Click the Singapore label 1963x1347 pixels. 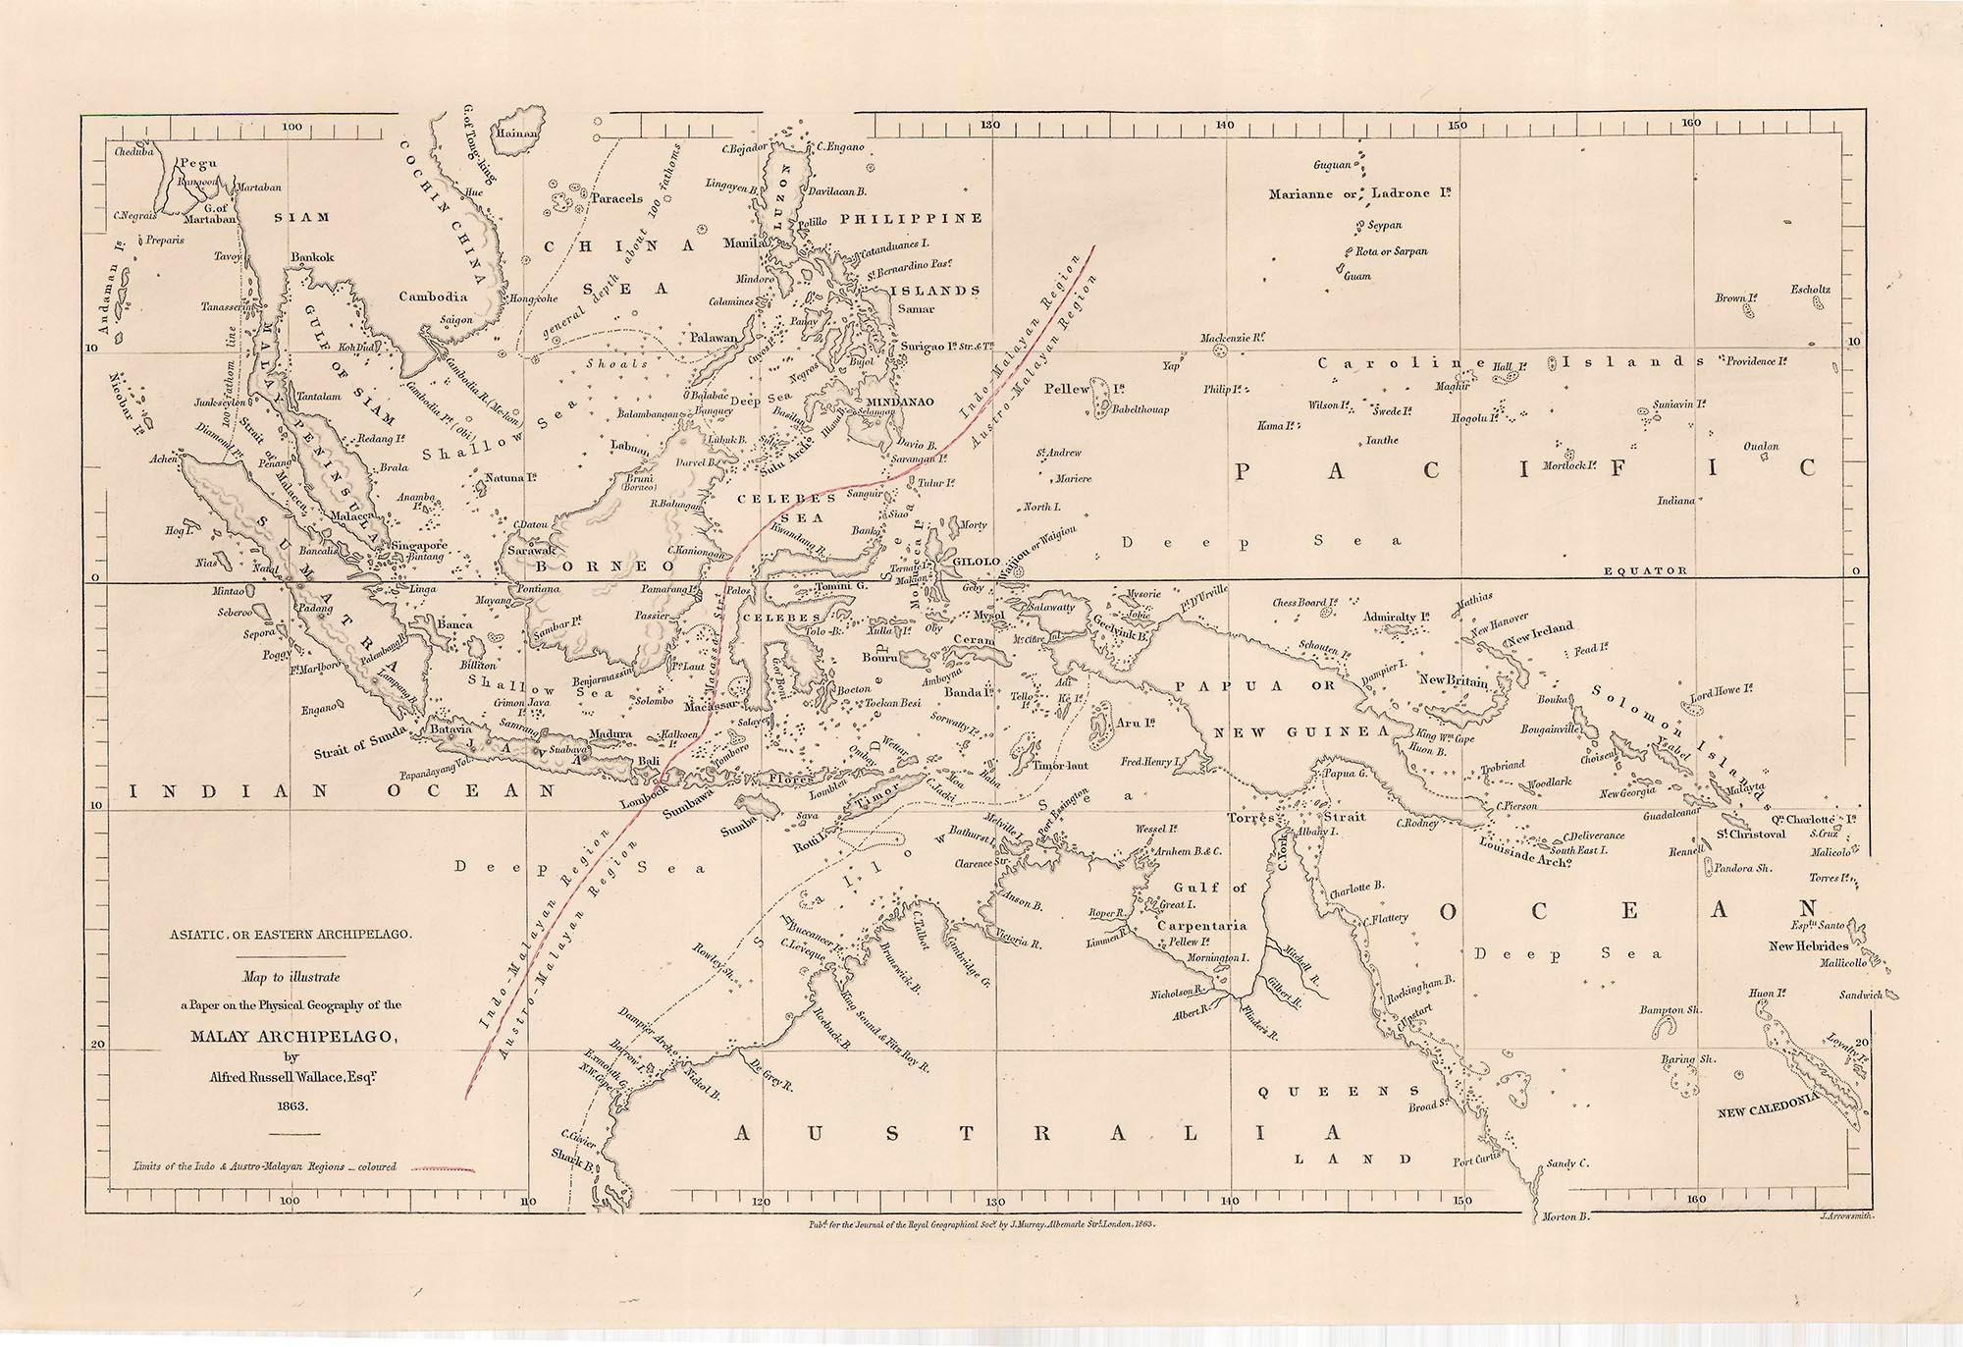420,545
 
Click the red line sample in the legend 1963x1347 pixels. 442,1168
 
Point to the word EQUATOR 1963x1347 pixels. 1645,570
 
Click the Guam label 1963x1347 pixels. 1357,276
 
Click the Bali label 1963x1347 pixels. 649,761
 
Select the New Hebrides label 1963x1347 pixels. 1809,945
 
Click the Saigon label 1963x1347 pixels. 456,319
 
